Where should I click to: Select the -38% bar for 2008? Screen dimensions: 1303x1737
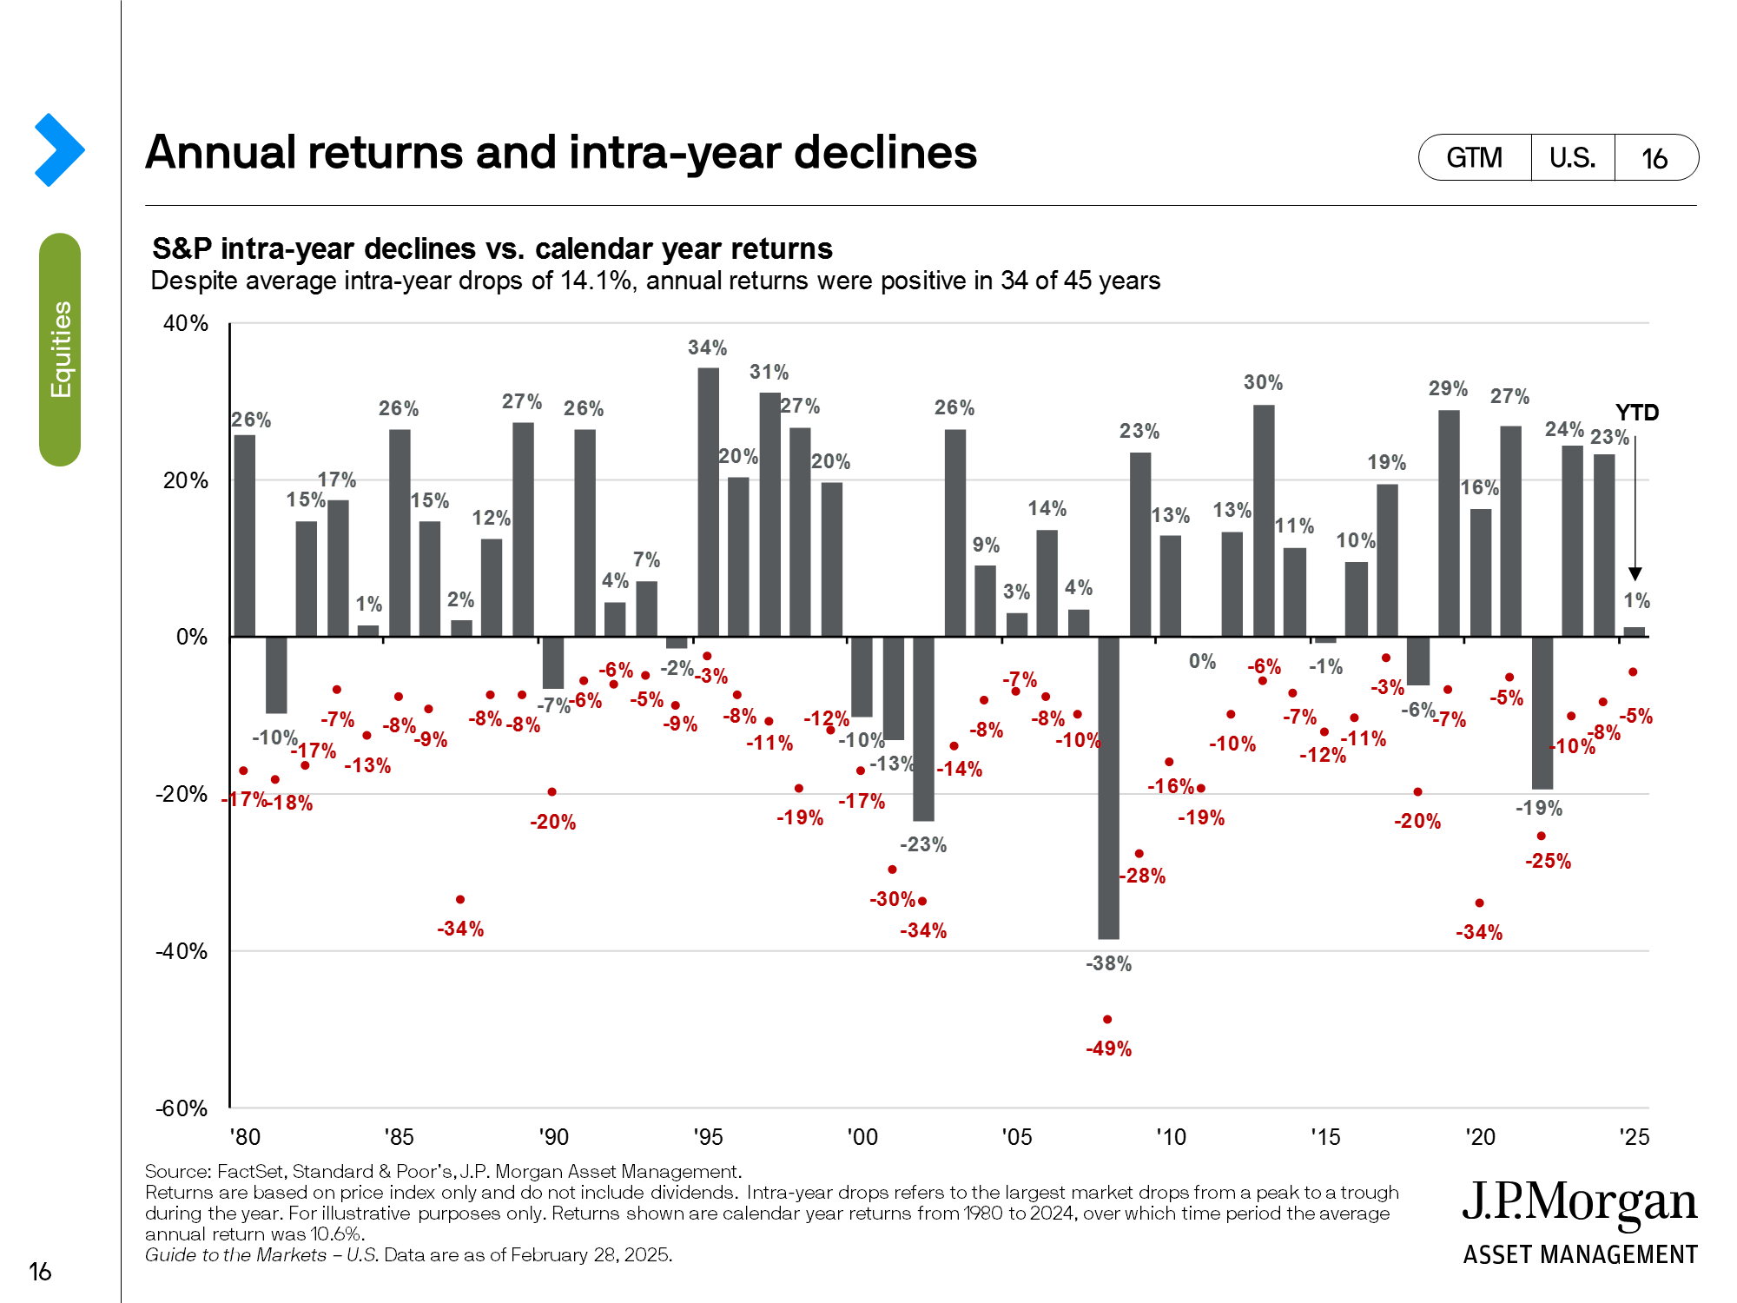(1108, 787)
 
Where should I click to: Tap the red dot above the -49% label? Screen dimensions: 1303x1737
(1107, 1019)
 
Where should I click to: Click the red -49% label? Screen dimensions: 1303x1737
(1109, 1048)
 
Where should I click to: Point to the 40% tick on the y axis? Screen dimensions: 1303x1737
(186, 323)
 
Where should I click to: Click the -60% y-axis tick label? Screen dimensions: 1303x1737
(182, 1108)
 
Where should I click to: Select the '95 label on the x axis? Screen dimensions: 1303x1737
(708, 1137)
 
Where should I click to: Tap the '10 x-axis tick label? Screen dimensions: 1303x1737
(1171, 1137)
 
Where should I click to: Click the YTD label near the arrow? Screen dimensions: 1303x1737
(1636, 413)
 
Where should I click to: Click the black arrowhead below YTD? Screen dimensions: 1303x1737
(1635, 574)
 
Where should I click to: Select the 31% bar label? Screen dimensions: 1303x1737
(769, 372)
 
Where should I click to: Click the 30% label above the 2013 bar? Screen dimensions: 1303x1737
(1263, 382)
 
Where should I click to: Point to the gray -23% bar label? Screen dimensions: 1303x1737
(922, 844)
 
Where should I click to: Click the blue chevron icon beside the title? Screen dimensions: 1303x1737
(59, 149)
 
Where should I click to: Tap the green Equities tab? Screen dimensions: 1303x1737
(60, 349)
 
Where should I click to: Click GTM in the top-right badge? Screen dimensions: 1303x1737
(1474, 157)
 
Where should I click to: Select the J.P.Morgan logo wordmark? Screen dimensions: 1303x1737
(1579, 1203)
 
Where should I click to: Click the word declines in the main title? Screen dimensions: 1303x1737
(885, 152)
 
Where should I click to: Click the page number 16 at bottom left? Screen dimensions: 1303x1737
(40, 1272)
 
